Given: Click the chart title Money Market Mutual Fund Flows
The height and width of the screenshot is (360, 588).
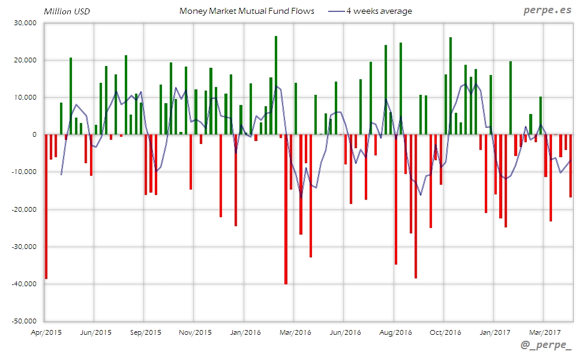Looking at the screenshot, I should tap(246, 11).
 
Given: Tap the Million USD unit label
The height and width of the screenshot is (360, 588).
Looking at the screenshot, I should tap(66, 11).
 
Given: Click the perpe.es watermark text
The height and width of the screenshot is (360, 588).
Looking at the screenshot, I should tap(548, 11).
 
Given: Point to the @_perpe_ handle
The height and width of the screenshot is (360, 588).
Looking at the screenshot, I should tap(546, 346).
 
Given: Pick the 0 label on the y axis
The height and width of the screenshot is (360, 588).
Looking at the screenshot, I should tap(35, 135).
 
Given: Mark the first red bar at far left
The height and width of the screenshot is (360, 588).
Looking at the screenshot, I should tap(46, 206).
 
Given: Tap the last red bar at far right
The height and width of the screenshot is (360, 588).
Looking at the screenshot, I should tap(571, 166).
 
